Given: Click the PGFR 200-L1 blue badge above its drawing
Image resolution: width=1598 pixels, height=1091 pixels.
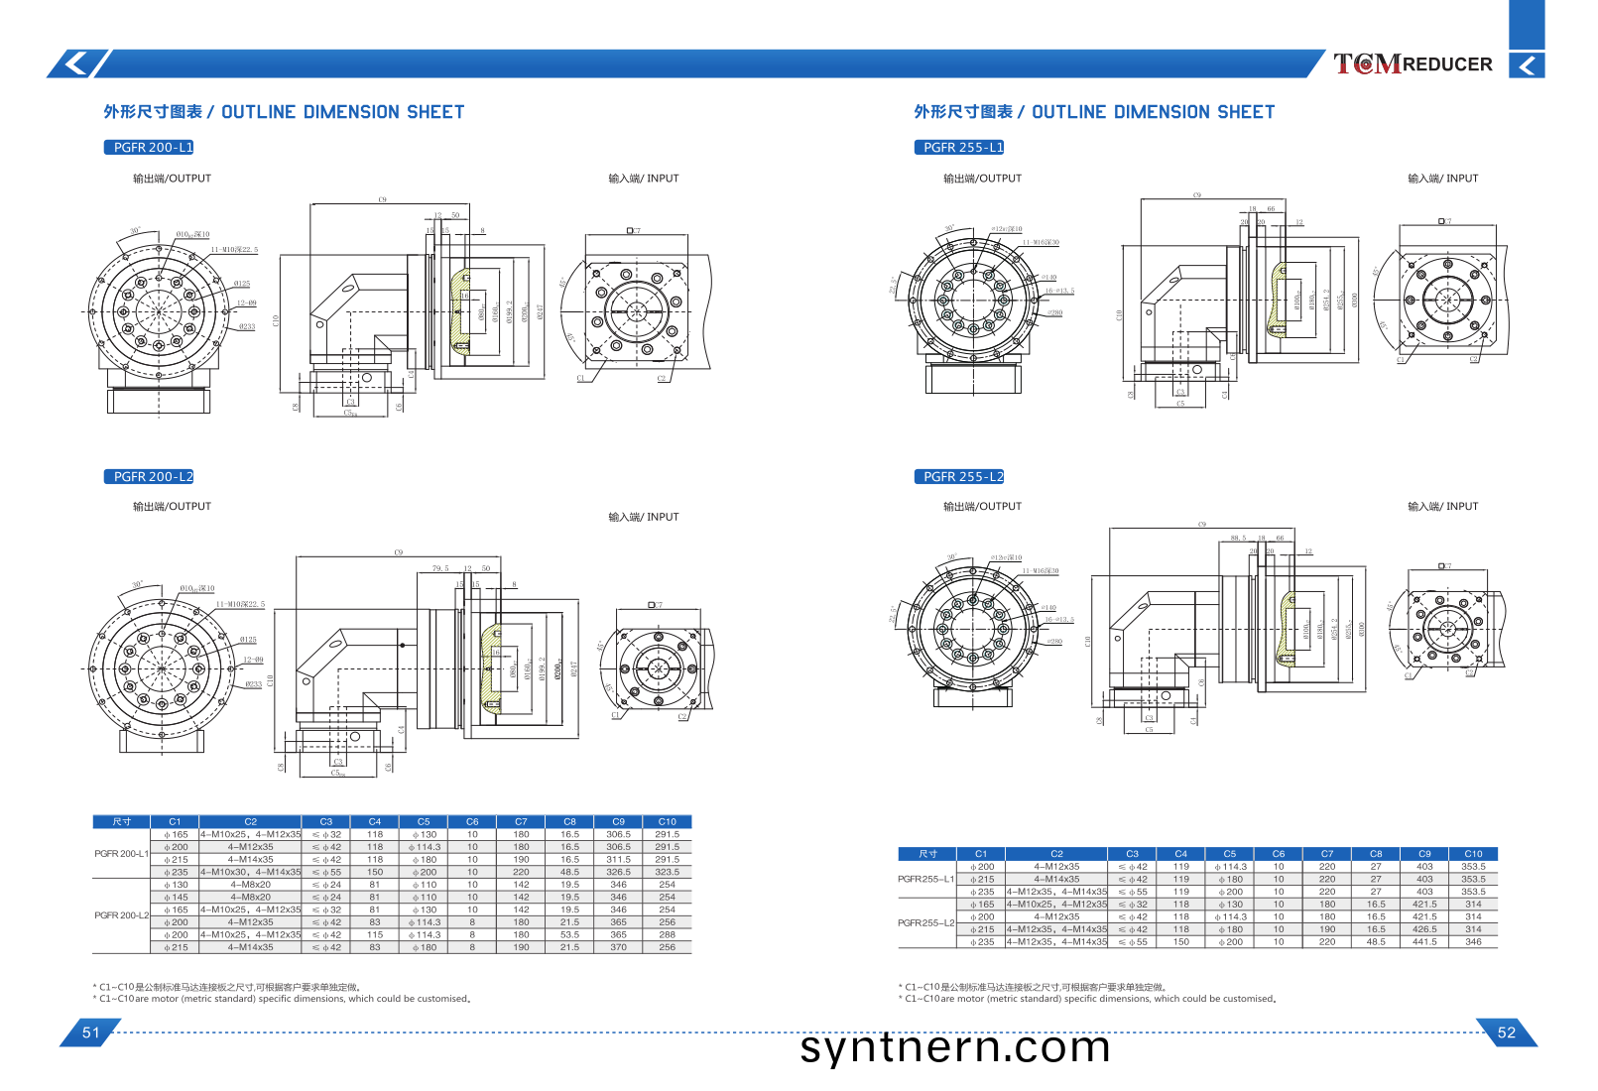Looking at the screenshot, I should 149,147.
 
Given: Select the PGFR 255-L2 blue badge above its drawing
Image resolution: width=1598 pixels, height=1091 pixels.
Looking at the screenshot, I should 958,476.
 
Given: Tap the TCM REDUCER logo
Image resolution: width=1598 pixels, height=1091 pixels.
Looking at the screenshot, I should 1413,64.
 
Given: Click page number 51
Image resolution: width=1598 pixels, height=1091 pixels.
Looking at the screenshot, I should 90,1032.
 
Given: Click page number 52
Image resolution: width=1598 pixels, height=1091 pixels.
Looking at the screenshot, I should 1506,1032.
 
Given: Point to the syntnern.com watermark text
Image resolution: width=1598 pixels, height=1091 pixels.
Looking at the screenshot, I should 954,1047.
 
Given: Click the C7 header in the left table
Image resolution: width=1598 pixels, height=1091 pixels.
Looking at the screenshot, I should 521,821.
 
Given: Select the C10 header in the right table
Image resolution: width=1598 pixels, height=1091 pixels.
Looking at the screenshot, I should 1473,853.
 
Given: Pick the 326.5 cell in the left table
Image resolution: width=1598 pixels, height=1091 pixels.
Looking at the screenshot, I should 618,872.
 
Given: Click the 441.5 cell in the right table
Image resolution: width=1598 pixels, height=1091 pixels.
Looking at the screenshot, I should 1424,941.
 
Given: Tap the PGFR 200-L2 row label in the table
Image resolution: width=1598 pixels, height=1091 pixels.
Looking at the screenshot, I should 121,914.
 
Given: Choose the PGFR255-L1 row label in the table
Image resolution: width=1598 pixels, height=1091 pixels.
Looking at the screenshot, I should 925,879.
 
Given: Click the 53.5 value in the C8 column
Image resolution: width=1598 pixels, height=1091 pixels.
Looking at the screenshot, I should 569,934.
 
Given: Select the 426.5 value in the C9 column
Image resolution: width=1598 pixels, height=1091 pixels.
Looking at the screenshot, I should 1424,929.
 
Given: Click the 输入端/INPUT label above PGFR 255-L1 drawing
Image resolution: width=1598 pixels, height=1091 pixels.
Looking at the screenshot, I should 1442,179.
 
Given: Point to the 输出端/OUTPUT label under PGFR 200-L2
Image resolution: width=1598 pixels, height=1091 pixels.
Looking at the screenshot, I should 172,506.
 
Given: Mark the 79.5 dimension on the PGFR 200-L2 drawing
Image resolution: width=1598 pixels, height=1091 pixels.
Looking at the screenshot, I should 439,568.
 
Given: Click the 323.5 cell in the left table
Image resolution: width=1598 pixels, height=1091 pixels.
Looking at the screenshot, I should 667,872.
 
